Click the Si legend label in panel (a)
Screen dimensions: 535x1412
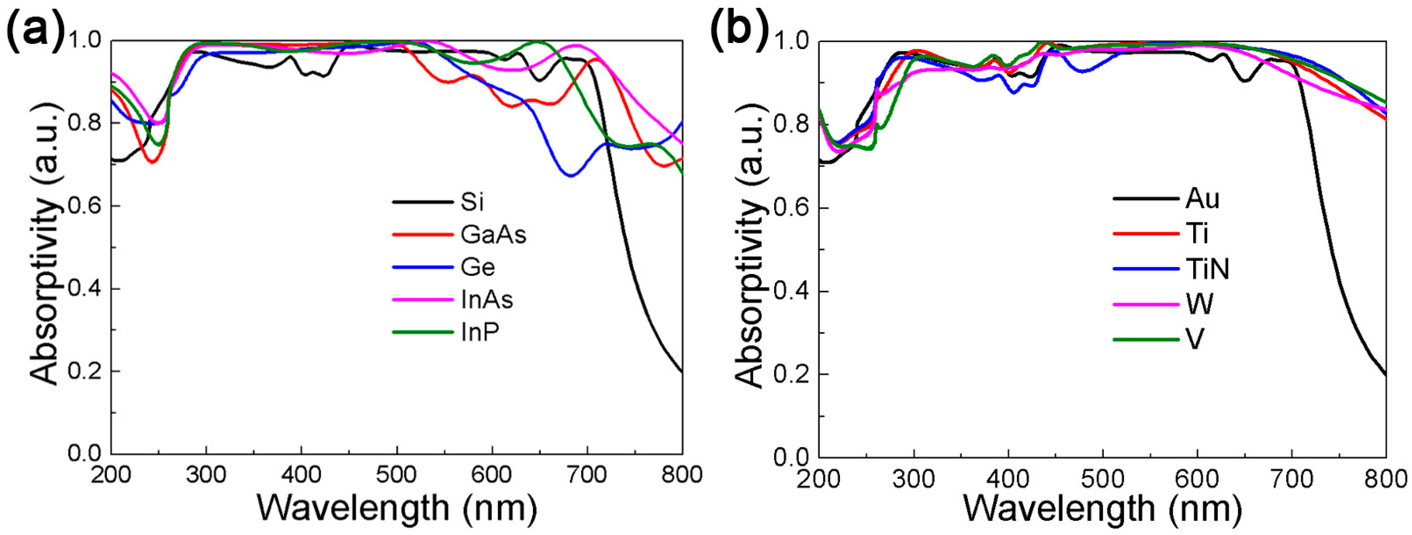(x=472, y=203)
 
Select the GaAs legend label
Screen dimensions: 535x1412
(x=493, y=235)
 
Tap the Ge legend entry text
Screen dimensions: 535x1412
(x=477, y=267)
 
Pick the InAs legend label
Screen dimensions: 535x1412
(x=487, y=300)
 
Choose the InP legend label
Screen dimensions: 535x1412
(x=480, y=333)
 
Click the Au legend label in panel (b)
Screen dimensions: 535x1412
(x=1202, y=198)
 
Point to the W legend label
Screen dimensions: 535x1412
(x=1199, y=304)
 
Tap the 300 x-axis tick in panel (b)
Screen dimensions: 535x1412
(x=913, y=478)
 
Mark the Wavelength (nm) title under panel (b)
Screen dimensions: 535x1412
(x=1102, y=509)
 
